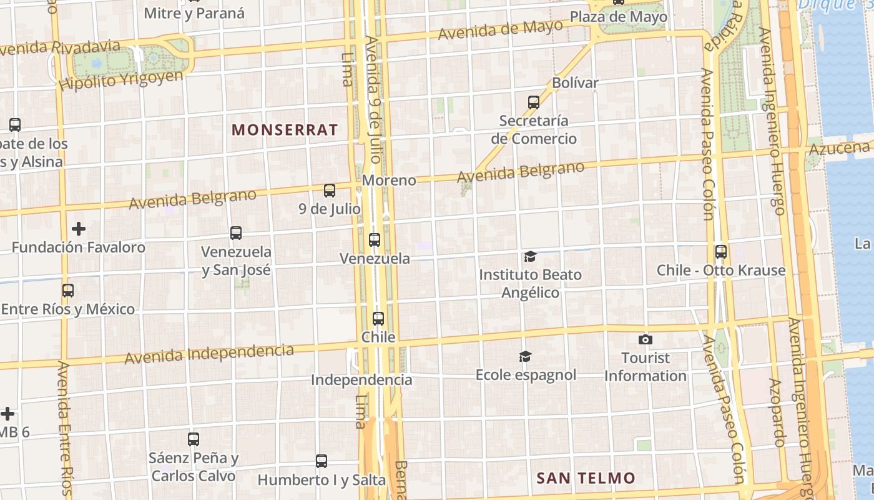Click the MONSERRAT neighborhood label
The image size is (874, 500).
pyautogui.click(x=285, y=130)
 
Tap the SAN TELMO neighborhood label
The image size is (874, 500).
pyautogui.click(x=586, y=478)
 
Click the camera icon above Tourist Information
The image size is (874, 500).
pyautogui.click(x=646, y=339)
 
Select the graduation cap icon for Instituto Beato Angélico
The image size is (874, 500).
pyautogui.click(x=530, y=256)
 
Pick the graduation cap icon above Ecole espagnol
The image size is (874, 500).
pyautogui.click(x=526, y=356)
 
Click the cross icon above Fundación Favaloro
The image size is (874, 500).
pyautogui.click(x=79, y=229)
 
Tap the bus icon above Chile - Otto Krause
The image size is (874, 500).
pyautogui.click(x=721, y=252)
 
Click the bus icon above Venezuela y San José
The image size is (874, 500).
pyautogui.click(x=236, y=233)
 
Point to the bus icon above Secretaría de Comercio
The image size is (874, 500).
pyautogui.click(x=534, y=102)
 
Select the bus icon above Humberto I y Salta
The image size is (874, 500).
pyautogui.click(x=322, y=461)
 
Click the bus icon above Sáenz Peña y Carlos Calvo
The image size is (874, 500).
pyautogui.click(x=194, y=439)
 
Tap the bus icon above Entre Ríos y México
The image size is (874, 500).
pyautogui.click(x=68, y=291)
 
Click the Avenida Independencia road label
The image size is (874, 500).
pyautogui.click(x=209, y=354)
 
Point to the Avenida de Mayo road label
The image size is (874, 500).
pyautogui.click(x=500, y=29)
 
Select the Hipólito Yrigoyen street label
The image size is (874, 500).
pyautogui.click(x=122, y=79)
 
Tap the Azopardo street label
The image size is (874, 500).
pyautogui.click(x=777, y=412)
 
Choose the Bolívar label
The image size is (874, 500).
pyautogui.click(x=575, y=82)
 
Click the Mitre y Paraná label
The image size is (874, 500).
pyautogui.click(x=194, y=12)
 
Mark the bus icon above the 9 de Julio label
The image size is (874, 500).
pyautogui.click(x=330, y=191)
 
